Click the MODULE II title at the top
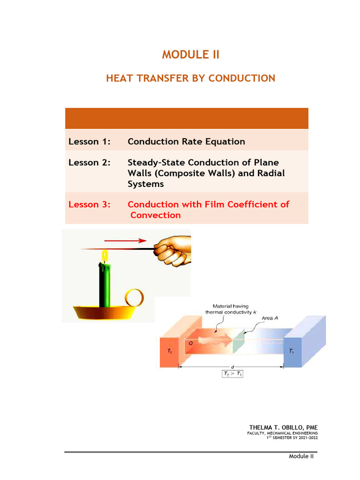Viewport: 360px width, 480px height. pyautogui.click(x=191, y=54)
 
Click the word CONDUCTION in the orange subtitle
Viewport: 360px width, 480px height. pyautogui.click(x=242, y=78)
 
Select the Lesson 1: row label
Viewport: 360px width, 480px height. pyautogui.click(x=90, y=142)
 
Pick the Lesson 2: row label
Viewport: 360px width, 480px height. pyautogui.click(x=90, y=162)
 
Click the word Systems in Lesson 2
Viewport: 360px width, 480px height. pyautogui.click(x=146, y=184)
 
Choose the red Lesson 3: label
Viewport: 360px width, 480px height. pyautogui.click(x=90, y=204)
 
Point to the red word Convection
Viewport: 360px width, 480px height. pyautogui.click(x=156, y=215)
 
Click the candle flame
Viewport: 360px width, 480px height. pyautogui.click(x=105, y=255)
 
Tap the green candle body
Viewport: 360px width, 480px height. pyautogui.click(x=105, y=285)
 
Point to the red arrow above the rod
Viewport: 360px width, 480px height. pyautogui.click(x=126, y=240)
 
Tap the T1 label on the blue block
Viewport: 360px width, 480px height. pyautogui.click(x=292, y=351)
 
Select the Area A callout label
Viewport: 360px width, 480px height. pyautogui.click(x=270, y=318)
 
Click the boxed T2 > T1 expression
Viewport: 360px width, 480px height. pyautogui.click(x=232, y=374)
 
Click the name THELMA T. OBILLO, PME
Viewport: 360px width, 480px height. pyautogui.click(x=284, y=427)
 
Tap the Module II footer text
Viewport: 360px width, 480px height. pyautogui.click(x=301, y=456)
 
